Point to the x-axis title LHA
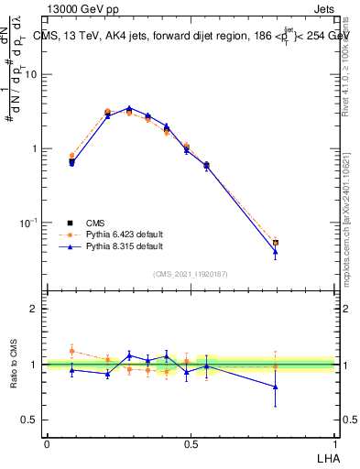(327, 456)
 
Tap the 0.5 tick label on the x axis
(191, 443)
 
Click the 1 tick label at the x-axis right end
(334, 443)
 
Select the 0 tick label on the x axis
(47, 443)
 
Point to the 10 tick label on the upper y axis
(32, 74)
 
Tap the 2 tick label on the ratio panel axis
(37, 309)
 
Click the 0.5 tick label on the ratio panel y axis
(31, 420)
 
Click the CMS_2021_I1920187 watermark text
(191, 273)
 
